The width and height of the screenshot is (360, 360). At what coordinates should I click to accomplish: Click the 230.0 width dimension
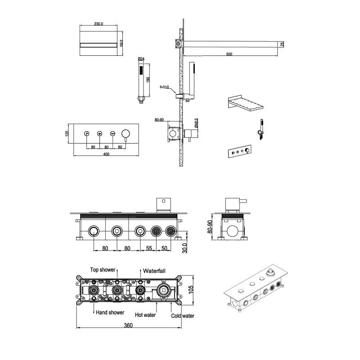click(99, 24)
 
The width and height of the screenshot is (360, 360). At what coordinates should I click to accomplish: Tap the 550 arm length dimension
click(229, 54)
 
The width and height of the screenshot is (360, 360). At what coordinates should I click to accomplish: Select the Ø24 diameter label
click(141, 59)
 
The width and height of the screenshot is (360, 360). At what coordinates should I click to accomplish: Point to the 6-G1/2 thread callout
click(164, 87)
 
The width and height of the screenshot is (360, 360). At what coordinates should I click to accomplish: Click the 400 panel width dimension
click(106, 154)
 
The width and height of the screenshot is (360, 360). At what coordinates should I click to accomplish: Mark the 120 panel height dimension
click(67, 133)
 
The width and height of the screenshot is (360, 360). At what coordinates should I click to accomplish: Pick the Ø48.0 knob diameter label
click(196, 123)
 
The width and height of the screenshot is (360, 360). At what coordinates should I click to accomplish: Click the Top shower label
click(103, 270)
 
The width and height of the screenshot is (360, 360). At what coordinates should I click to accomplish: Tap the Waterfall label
click(154, 271)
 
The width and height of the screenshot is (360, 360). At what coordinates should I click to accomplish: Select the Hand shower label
click(110, 312)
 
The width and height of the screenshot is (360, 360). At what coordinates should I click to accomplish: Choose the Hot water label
click(145, 315)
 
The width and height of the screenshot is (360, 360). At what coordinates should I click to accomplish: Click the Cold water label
click(183, 316)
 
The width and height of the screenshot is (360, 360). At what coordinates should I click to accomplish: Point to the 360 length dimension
click(128, 325)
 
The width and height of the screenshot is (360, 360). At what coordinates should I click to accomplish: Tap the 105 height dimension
click(191, 289)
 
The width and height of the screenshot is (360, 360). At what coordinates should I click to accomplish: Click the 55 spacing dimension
click(149, 248)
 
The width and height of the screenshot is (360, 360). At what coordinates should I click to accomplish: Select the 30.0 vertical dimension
click(185, 248)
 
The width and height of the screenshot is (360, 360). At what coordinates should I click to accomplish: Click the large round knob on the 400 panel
click(126, 133)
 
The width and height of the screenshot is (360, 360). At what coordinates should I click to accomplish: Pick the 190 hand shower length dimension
click(148, 80)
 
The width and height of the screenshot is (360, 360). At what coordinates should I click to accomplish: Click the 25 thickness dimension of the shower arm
click(282, 44)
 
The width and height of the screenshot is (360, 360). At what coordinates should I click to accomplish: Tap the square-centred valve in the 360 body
click(164, 291)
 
